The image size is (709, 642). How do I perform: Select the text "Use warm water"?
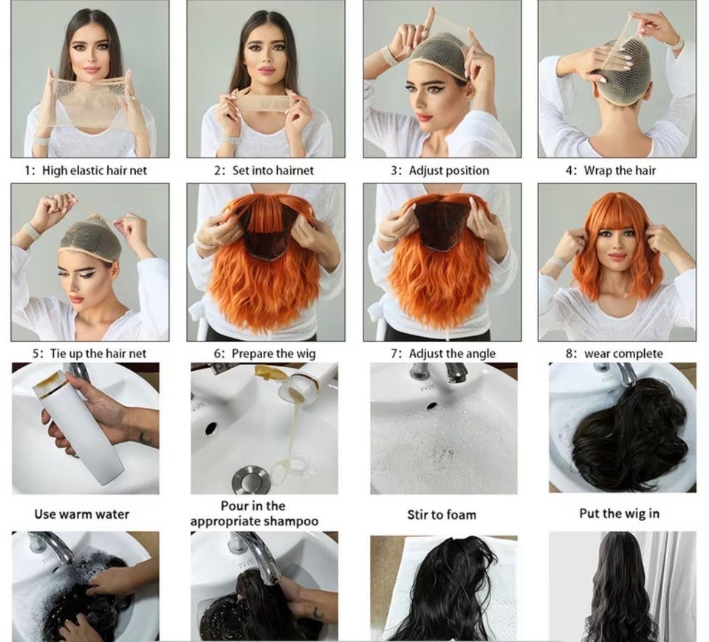pos(82,514)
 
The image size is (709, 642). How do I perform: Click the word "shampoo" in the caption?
pos(291,521)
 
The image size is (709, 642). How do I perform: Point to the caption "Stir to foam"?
pos(442,515)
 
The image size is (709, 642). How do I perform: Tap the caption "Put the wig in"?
pos(620,513)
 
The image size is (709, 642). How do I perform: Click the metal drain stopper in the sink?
pos(250,480)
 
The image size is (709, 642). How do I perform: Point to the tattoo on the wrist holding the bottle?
pos(144,437)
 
